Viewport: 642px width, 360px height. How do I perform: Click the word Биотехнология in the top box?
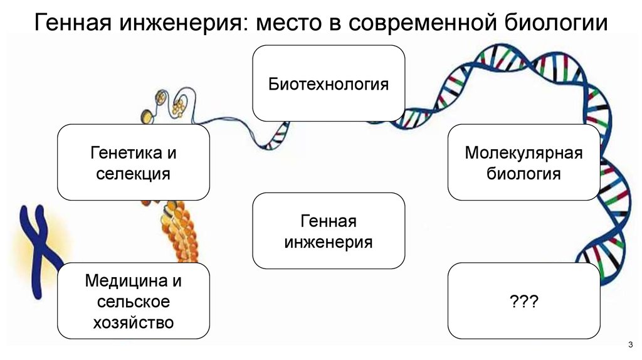coord(329,84)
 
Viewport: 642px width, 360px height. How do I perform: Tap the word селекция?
coord(133,173)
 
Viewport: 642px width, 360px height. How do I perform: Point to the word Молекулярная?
coord(524,152)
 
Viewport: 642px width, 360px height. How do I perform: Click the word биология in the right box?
coord(524,173)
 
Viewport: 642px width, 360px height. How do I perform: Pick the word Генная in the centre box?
coord(329,221)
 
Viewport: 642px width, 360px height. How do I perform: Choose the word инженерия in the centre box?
coord(329,242)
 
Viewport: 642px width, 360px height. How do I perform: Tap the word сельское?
coord(133,302)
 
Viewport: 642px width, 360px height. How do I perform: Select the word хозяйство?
coord(133,323)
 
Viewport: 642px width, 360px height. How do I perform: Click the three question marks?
coord(524,302)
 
